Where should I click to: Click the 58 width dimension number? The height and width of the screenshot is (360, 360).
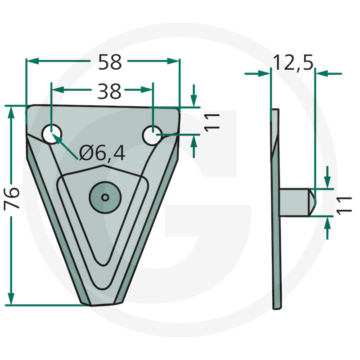[110, 62]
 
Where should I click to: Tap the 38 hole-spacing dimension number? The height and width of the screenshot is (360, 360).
[109, 91]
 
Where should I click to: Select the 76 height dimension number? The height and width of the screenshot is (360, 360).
[12, 198]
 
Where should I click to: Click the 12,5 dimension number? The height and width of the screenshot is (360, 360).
[293, 63]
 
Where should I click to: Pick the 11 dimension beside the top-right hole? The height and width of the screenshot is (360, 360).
[212, 122]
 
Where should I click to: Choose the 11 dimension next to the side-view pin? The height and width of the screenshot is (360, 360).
[344, 206]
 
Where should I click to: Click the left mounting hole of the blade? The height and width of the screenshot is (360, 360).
[52, 134]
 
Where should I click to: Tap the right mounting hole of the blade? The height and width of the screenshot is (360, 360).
[152, 135]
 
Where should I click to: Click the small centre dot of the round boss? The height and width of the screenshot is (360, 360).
[105, 197]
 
